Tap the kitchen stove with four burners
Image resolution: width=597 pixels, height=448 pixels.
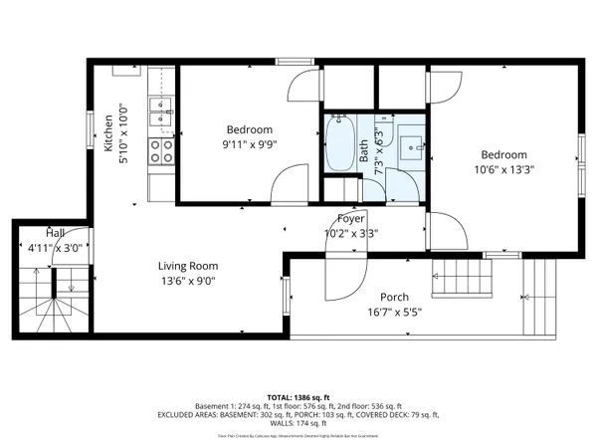coord(161,150)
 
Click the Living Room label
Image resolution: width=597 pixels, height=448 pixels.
coord(188,266)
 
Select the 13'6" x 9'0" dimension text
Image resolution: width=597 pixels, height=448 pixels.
coord(188,281)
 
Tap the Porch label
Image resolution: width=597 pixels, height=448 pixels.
coord(396,297)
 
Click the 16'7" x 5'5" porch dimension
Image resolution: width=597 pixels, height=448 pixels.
coord(396,312)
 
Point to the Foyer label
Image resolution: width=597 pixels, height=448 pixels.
coord(351,219)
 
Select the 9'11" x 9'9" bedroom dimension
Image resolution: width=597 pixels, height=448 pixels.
coord(249,143)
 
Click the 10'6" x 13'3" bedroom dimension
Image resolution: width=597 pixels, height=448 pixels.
coord(505,169)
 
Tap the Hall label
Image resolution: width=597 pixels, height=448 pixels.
coord(41,232)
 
